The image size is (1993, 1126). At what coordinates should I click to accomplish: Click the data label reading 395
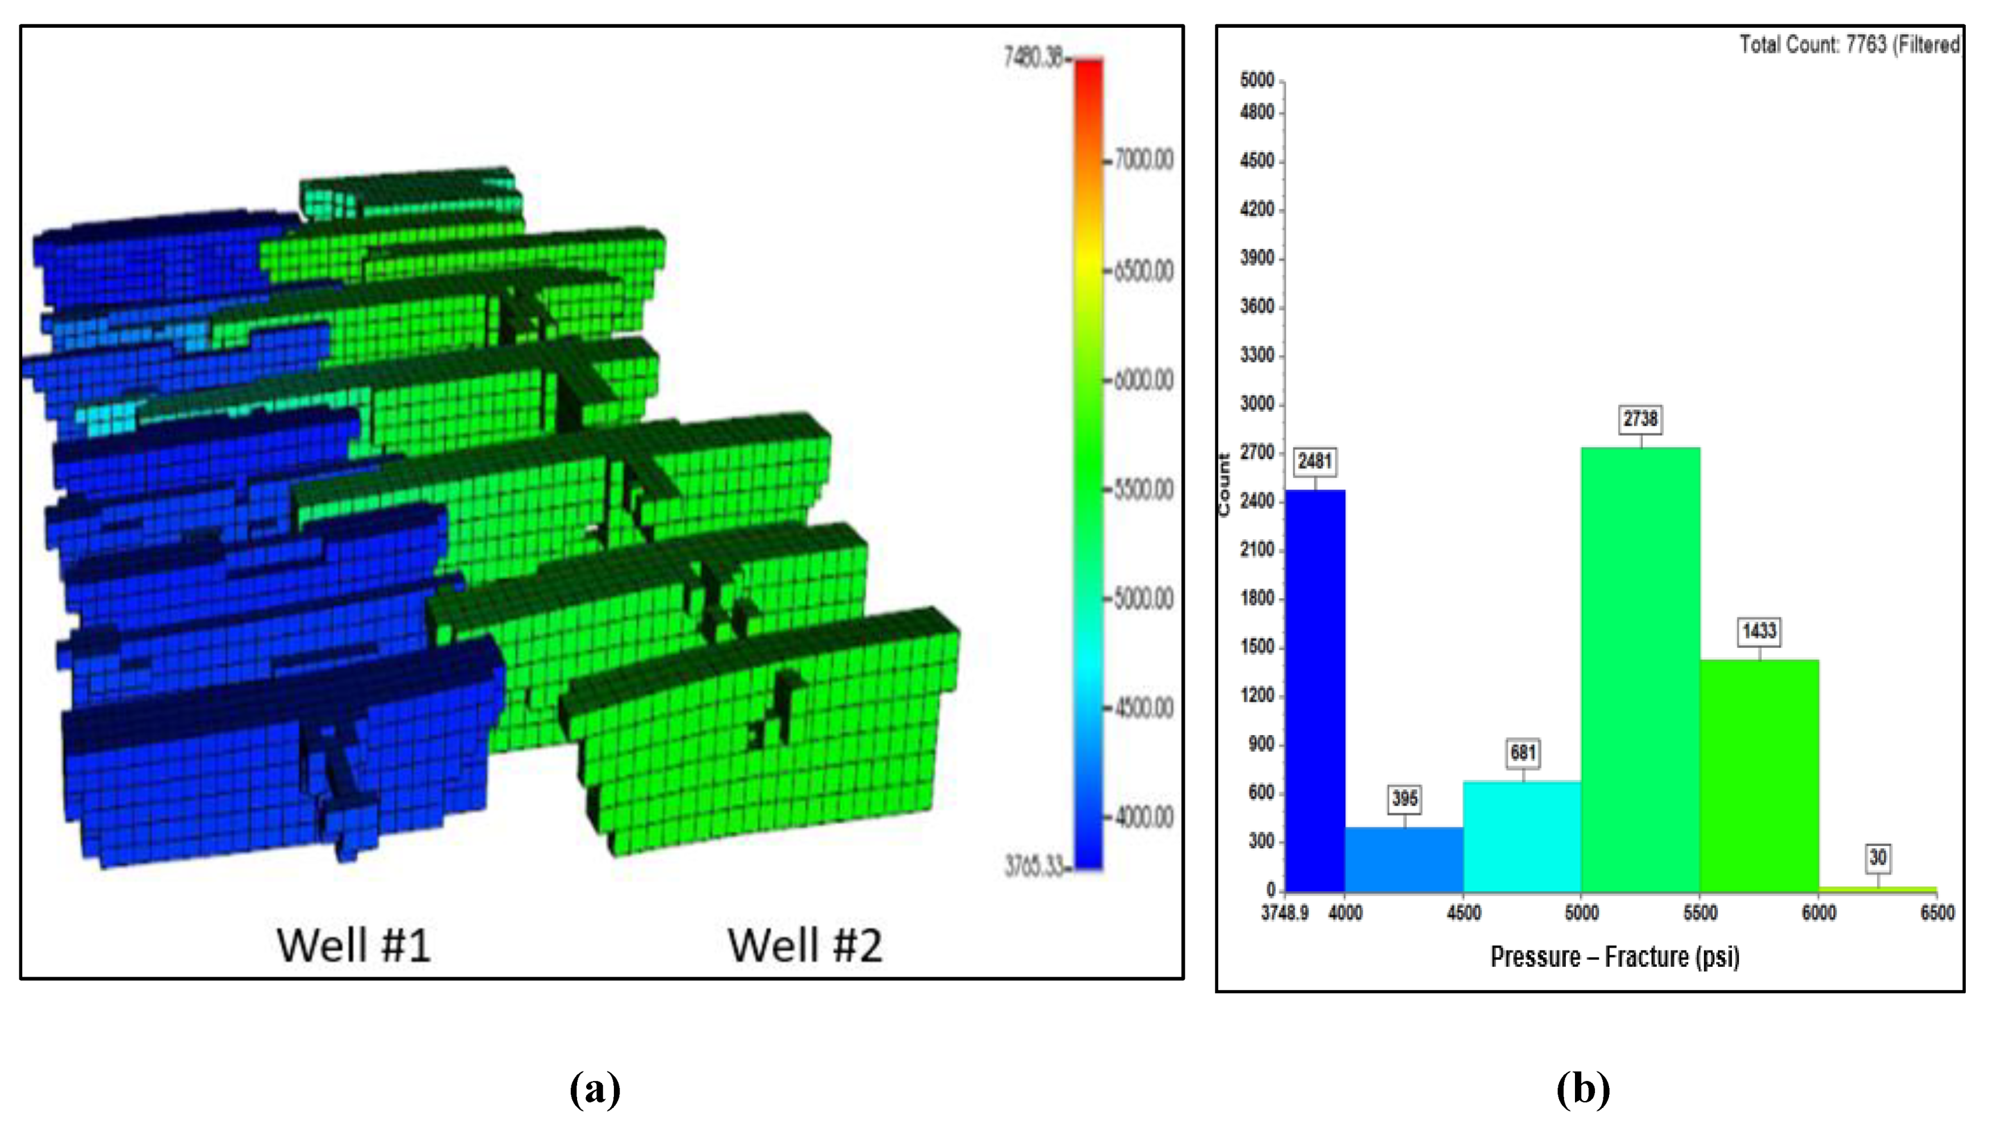1404,799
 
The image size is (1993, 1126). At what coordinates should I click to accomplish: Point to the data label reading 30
1878,857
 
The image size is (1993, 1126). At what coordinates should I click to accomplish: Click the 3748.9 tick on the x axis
1284,913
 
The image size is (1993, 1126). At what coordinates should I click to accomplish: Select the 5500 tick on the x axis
1700,913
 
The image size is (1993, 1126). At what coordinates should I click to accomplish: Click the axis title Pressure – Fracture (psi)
1615,957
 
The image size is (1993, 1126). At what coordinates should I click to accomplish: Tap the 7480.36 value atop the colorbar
1034,57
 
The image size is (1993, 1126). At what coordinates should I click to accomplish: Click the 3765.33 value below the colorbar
1034,866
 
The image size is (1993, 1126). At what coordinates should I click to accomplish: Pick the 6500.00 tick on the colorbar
1143,271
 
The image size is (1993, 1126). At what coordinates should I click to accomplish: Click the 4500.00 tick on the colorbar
1143,708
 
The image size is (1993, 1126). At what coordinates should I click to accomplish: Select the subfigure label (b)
1583,1089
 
